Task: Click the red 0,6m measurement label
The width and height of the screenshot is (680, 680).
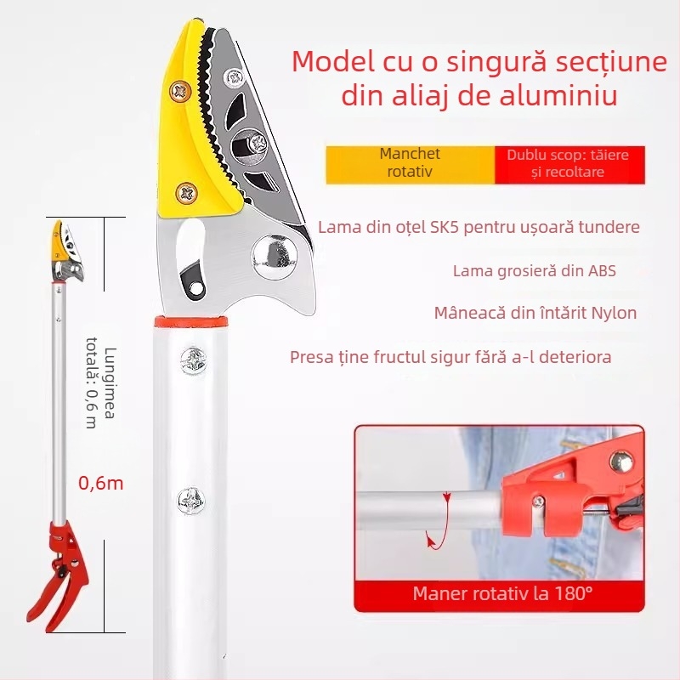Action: (100, 483)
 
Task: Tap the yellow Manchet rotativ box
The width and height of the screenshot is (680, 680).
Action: (410, 165)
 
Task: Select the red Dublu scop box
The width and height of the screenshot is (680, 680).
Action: (569, 165)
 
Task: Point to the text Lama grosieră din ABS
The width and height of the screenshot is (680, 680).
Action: (535, 271)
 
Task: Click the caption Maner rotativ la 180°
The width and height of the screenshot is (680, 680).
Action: (502, 593)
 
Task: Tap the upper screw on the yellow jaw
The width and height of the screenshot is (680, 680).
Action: (180, 91)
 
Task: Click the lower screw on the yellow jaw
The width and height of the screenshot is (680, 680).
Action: (187, 194)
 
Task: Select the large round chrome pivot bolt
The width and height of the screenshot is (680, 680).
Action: (275, 257)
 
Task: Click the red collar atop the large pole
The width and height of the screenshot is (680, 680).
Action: (190, 322)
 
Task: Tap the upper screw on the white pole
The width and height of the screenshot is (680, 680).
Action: (193, 361)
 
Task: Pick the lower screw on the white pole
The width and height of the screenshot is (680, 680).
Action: (190, 501)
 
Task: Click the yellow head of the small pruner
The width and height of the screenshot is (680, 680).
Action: (58, 241)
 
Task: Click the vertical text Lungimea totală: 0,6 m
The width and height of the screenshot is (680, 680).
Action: (101, 383)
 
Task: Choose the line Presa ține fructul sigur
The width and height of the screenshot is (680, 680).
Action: (450, 357)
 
